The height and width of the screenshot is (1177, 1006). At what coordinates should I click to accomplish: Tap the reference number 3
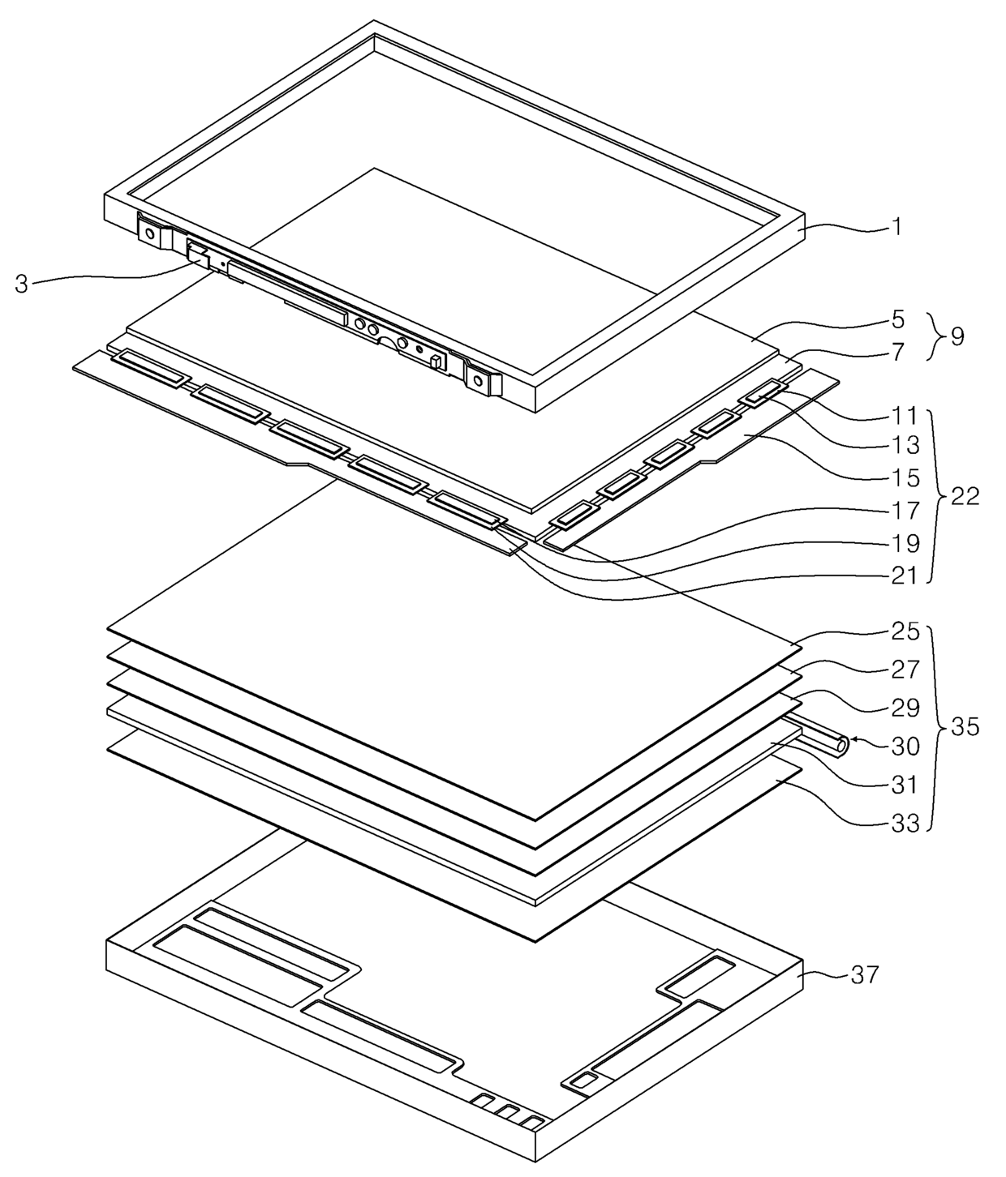(22, 284)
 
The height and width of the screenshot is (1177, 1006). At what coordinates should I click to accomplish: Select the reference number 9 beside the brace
(957, 336)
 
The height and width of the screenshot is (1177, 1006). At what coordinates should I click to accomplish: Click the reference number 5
(897, 319)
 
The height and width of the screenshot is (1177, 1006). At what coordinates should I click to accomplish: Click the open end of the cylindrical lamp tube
(845, 743)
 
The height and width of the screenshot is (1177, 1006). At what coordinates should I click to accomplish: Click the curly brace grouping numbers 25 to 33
(933, 727)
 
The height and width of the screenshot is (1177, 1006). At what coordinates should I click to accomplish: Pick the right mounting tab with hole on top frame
(478, 379)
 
